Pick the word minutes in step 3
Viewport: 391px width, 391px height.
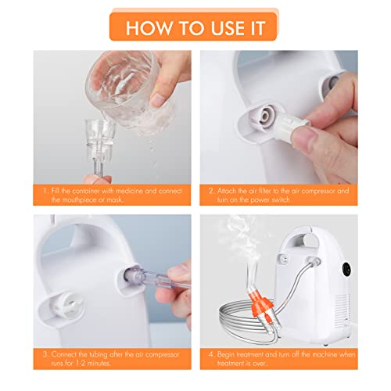[x=99, y=363]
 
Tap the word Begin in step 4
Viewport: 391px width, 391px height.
[x=226, y=354]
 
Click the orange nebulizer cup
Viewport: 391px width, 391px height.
[x=261, y=303]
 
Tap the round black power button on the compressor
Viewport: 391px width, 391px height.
[x=346, y=267]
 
